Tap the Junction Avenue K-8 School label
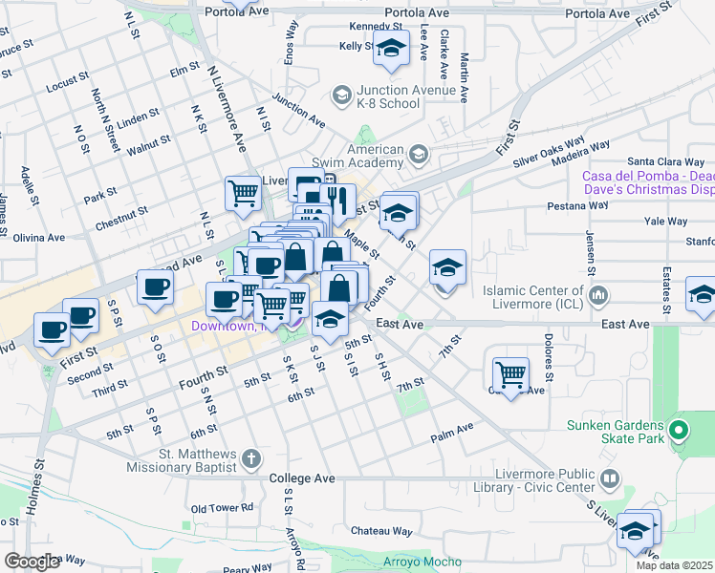click(388, 96)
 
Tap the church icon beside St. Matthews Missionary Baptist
click(251, 460)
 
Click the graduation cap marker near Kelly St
click(390, 49)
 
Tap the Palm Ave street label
click(452, 432)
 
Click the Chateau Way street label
click(381, 531)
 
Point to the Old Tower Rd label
click(221, 509)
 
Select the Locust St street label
click(67, 83)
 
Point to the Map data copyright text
click(675, 565)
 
